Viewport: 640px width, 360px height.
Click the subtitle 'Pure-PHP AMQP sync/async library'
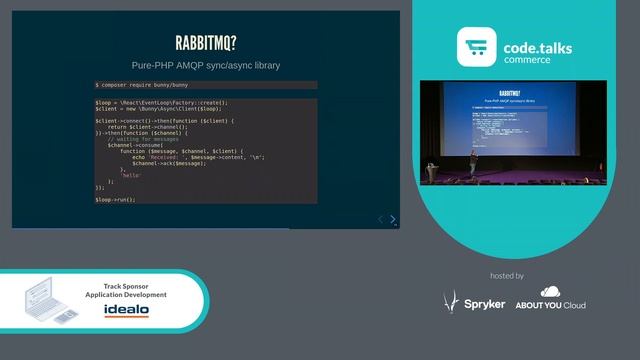click(205, 65)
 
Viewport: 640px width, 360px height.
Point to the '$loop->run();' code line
click(115, 199)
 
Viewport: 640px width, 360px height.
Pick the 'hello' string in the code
click(132, 175)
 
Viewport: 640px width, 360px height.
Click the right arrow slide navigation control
click(393, 219)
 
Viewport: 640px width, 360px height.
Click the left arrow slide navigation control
click(380, 219)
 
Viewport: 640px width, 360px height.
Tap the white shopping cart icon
click(477, 47)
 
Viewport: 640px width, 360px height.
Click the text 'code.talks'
click(545, 46)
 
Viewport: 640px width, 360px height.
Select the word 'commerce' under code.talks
click(526, 60)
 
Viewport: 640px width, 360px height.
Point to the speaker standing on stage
click(474, 164)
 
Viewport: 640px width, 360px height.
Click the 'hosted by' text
click(508, 275)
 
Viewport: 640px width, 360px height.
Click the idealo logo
click(127, 310)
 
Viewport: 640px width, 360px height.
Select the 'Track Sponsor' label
click(127, 286)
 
